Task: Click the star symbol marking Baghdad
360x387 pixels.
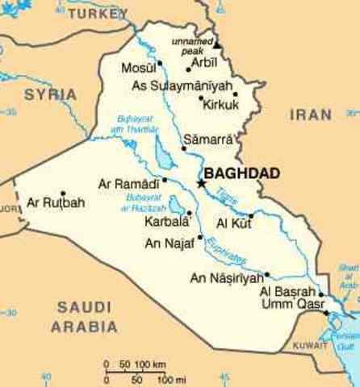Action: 201,185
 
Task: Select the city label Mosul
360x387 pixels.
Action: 136,67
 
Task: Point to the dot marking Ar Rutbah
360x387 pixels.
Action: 62,193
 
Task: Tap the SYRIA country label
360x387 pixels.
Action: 50,94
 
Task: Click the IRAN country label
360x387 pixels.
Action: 311,115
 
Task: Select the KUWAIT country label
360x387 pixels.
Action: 311,344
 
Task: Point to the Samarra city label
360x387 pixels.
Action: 207,139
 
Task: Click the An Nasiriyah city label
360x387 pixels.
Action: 227,278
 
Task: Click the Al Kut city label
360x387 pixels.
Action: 233,222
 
